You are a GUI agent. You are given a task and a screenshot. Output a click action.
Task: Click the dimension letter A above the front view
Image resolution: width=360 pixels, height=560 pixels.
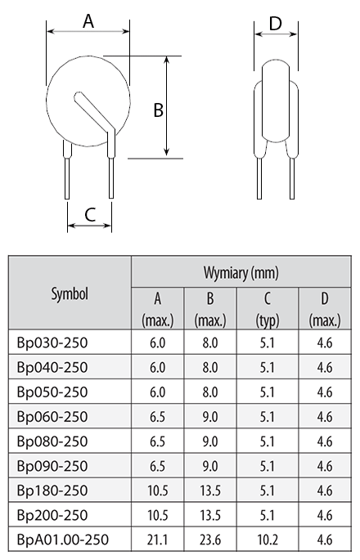click(88, 21)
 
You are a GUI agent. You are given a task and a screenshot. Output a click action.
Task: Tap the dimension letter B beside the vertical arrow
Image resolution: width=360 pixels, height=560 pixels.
click(159, 110)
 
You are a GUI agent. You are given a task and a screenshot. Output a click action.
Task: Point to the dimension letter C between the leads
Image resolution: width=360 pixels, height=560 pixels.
click(90, 214)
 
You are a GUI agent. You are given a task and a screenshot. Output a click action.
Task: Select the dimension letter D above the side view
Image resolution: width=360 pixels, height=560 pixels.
click(275, 24)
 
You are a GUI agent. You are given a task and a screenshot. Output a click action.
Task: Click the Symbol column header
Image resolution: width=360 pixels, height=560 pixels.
click(70, 294)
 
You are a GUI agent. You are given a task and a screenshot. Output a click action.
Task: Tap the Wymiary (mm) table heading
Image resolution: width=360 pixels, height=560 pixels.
click(241, 273)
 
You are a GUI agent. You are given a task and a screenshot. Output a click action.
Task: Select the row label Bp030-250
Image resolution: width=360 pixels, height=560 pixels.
click(52, 343)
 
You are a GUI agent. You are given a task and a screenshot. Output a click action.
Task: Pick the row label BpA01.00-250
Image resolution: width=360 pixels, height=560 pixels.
click(62, 540)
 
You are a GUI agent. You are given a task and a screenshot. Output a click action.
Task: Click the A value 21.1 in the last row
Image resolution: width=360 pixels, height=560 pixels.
click(157, 540)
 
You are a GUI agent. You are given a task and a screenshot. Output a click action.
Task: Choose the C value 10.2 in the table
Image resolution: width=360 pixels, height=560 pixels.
click(268, 540)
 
